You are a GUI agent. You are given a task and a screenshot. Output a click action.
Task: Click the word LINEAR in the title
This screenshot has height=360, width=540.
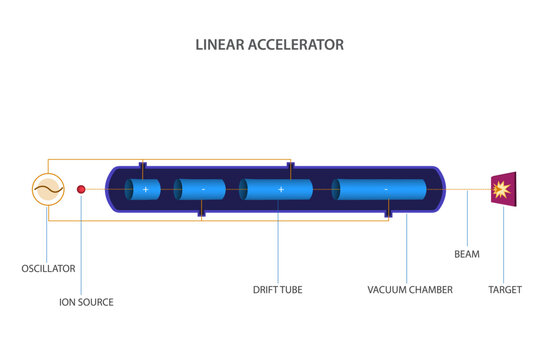click(218, 45)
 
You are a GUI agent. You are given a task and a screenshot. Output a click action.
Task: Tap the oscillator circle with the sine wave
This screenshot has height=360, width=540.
click(48, 188)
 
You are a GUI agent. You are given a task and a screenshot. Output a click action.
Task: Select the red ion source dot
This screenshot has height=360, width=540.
click(81, 188)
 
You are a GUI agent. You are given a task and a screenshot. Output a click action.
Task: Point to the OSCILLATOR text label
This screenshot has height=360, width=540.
click(48, 268)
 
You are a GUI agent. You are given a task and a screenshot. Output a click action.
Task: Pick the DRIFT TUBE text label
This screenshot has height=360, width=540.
click(277, 290)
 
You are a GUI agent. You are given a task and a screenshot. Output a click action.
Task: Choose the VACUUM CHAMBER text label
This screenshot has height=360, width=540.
click(410, 290)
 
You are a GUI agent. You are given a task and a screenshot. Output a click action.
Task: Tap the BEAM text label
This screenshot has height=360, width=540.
click(467, 254)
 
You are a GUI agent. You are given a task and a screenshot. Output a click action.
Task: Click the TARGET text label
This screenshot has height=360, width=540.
click(504, 290)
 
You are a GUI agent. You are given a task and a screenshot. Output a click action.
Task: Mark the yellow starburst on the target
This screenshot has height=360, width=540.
click(502, 188)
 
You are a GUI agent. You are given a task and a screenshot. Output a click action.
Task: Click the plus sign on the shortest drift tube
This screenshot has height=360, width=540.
click(145, 189)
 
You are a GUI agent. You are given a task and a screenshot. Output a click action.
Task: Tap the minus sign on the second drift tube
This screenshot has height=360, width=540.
click(204, 189)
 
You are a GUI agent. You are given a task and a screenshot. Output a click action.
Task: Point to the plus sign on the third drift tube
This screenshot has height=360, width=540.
click(280, 189)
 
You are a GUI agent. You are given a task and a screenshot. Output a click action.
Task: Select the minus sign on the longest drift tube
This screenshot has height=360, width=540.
click(386, 189)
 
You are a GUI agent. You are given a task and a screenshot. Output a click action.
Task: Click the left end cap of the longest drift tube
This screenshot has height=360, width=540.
click(337, 189)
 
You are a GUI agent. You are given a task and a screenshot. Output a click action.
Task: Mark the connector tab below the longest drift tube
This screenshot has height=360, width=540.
click(387, 213)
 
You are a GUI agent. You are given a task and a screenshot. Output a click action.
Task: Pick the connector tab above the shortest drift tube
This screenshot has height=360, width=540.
click(143, 165)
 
